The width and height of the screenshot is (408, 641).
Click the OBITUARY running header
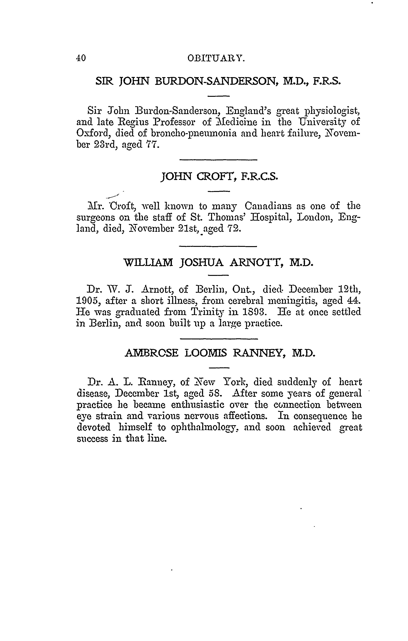216,58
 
